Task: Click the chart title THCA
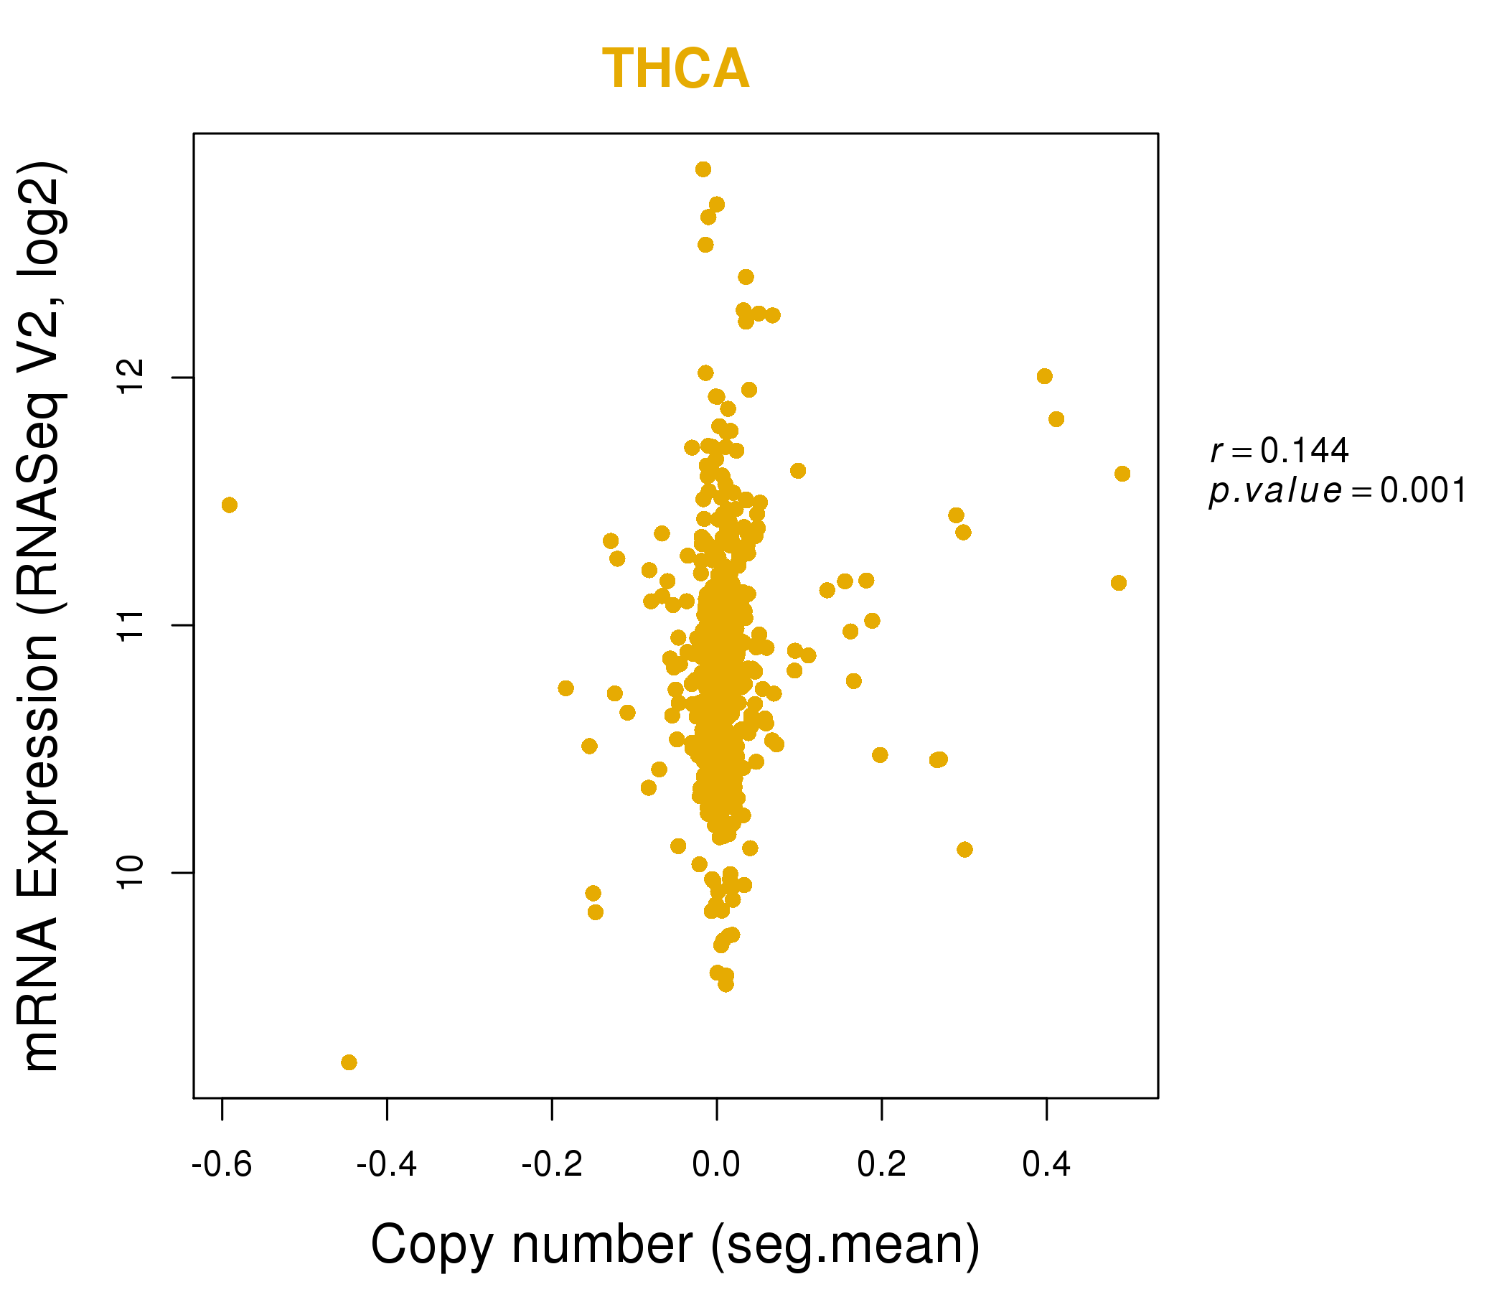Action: coord(676,69)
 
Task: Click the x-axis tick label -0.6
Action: coord(222,1165)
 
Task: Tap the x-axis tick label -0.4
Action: coord(387,1165)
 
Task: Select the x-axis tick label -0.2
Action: coord(552,1165)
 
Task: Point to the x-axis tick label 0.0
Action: coord(716,1165)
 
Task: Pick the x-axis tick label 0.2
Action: coord(881,1165)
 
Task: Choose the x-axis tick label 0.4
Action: coord(1046,1165)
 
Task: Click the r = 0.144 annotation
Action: coord(1280,451)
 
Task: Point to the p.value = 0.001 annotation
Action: coord(1338,491)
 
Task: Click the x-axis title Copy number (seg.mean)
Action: coord(676,1245)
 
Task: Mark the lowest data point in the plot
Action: coord(349,1063)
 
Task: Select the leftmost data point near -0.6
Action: coord(230,505)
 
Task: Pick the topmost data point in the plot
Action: coord(703,169)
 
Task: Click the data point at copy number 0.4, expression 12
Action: coord(1044,376)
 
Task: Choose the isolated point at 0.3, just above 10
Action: coord(964,850)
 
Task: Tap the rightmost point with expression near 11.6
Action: coord(1122,474)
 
